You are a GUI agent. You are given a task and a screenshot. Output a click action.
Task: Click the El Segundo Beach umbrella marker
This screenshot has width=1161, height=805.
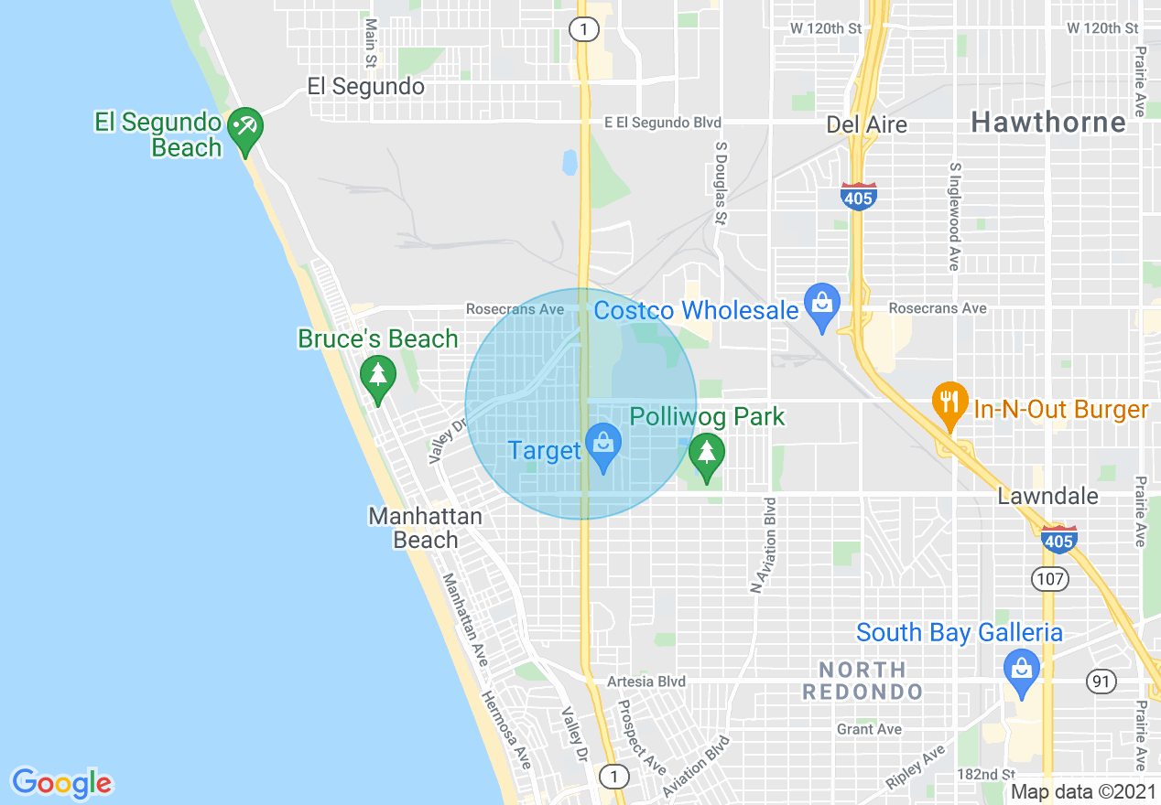pos(244,126)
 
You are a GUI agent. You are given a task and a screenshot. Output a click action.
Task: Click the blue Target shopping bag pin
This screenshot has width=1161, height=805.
pos(603,444)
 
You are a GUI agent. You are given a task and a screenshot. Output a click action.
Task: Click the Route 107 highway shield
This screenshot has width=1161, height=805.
pos(1048,578)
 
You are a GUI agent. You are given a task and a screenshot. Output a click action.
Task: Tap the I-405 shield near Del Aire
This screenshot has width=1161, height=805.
pos(858,196)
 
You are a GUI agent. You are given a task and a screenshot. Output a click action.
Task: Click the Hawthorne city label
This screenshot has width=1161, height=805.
pos(1048,122)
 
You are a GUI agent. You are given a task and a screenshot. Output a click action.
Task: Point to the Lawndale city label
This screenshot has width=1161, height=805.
pos(1047,496)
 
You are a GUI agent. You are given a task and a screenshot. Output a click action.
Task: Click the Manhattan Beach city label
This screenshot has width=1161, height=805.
pos(426,528)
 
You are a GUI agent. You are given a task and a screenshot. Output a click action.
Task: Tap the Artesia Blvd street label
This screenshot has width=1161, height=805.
pos(646,682)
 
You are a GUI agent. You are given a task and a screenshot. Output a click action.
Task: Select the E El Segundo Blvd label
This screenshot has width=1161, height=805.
pos(662,123)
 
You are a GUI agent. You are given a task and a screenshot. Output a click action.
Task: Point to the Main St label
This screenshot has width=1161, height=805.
pos(371,44)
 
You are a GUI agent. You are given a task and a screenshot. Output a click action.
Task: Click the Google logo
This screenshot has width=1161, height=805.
pos(61,783)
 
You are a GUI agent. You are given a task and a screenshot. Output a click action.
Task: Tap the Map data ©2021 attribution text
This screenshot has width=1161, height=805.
pos(1082,791)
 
